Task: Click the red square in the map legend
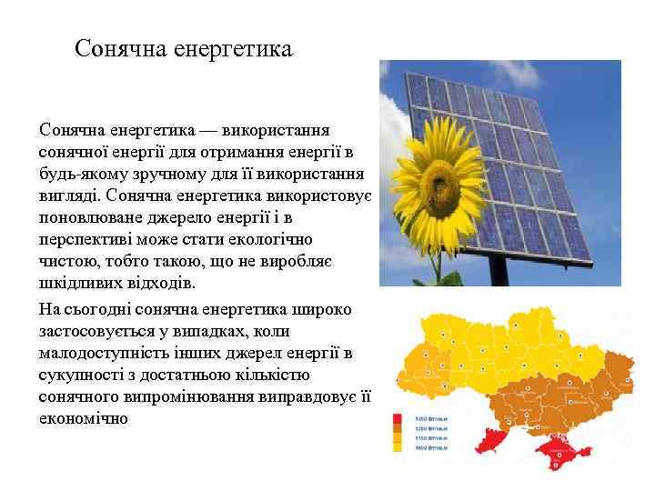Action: [398, 419]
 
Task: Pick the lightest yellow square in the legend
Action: [398, 448]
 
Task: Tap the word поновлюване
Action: [86, 218]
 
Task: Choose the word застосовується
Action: [105, 331]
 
